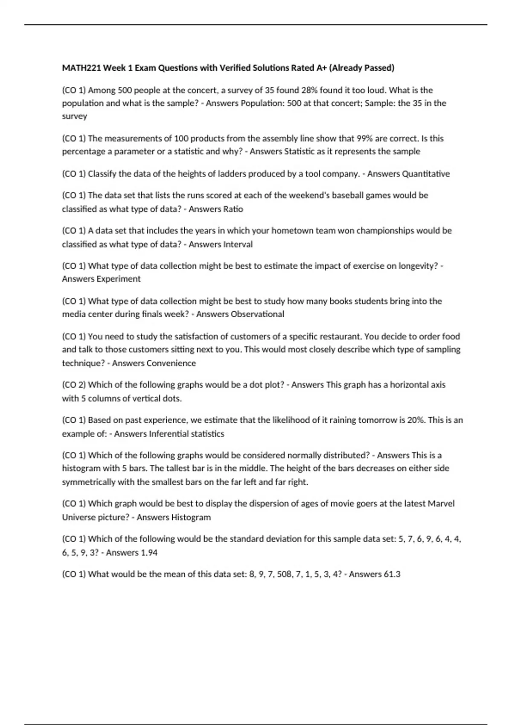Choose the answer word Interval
tap(238, 244)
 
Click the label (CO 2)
tap(74, 385)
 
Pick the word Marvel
tap(441, 504)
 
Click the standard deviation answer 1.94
tap(149, 553)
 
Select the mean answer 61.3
tap(392, 574)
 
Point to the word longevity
tap(418, 266)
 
